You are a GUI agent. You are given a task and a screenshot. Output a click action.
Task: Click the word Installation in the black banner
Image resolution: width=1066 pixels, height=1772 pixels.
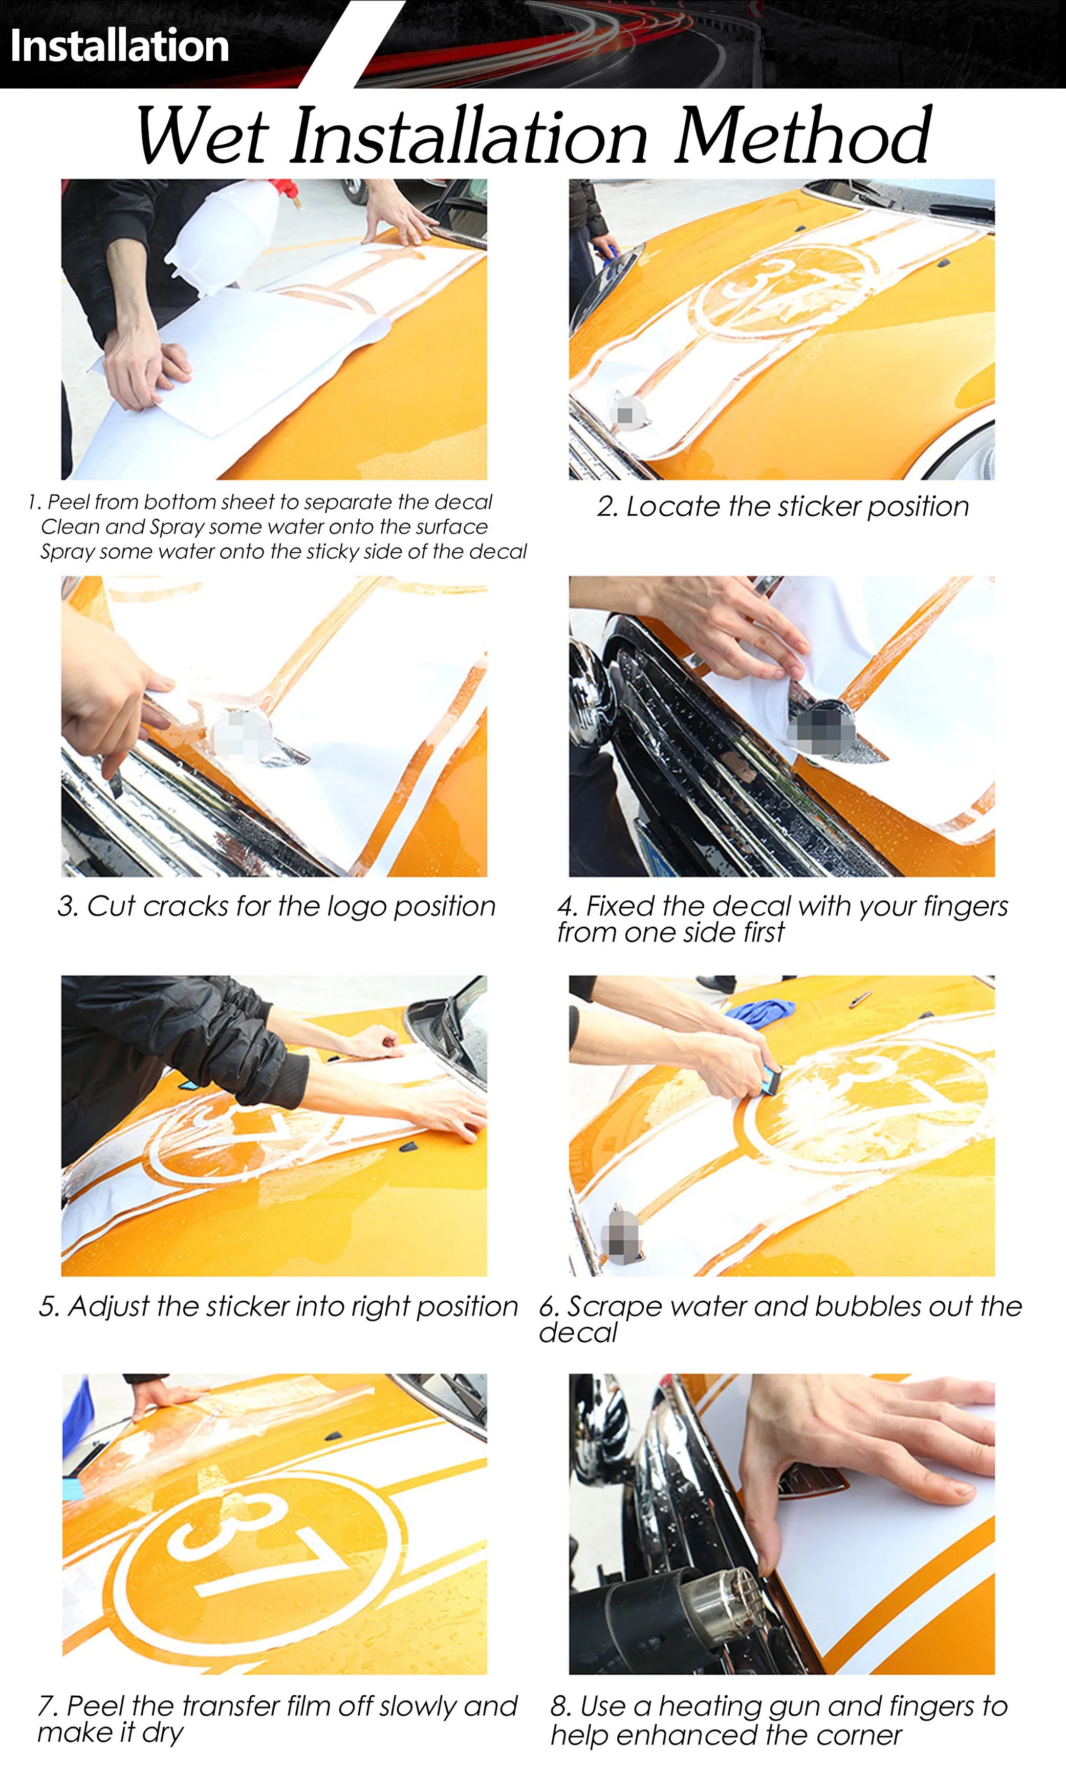tap(120, 46)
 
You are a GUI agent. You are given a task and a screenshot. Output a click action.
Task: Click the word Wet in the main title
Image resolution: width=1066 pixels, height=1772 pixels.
tap(203, 135)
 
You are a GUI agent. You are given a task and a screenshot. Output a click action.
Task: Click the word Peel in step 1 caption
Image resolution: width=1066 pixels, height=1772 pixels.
tap(68, 502)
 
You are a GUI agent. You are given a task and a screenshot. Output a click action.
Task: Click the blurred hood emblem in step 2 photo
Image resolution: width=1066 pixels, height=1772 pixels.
tap(626, 414)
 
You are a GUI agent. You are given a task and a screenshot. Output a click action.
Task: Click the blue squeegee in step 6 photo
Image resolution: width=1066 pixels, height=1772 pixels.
tap(771, 1080)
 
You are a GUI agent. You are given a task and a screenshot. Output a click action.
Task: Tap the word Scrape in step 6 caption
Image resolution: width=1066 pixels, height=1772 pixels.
tap(613, 1306)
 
